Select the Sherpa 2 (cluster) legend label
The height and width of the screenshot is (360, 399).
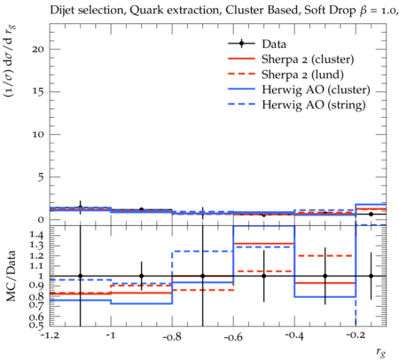point(308,59)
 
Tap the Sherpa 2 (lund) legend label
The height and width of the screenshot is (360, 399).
point(302,74)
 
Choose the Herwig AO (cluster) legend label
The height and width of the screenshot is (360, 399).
point(316,90)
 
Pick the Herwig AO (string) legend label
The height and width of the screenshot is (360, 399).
point(314,105)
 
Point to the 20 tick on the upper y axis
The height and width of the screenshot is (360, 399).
point(38,49)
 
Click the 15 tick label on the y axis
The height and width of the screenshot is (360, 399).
point(38,91)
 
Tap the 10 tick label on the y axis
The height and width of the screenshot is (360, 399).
point(38,134)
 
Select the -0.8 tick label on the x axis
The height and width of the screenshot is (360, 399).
point(172,336)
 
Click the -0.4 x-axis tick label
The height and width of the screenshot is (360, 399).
point(294,336)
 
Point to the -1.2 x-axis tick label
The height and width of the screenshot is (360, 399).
point(50,336)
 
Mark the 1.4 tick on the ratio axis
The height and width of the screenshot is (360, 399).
point(37,235)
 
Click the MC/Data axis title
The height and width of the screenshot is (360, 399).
point(11,276)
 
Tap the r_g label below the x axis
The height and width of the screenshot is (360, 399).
point(381,352)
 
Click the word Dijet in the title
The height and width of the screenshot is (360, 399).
point(62,10)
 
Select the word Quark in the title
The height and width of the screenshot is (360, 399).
point(142,11)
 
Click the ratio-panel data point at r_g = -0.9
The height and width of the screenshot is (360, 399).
point(141,276)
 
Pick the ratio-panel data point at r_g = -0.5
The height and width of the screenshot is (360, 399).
point(264,276)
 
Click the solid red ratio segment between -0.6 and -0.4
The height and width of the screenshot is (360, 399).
point(264,244)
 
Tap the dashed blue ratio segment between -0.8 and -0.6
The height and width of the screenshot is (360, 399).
point(203,251)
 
